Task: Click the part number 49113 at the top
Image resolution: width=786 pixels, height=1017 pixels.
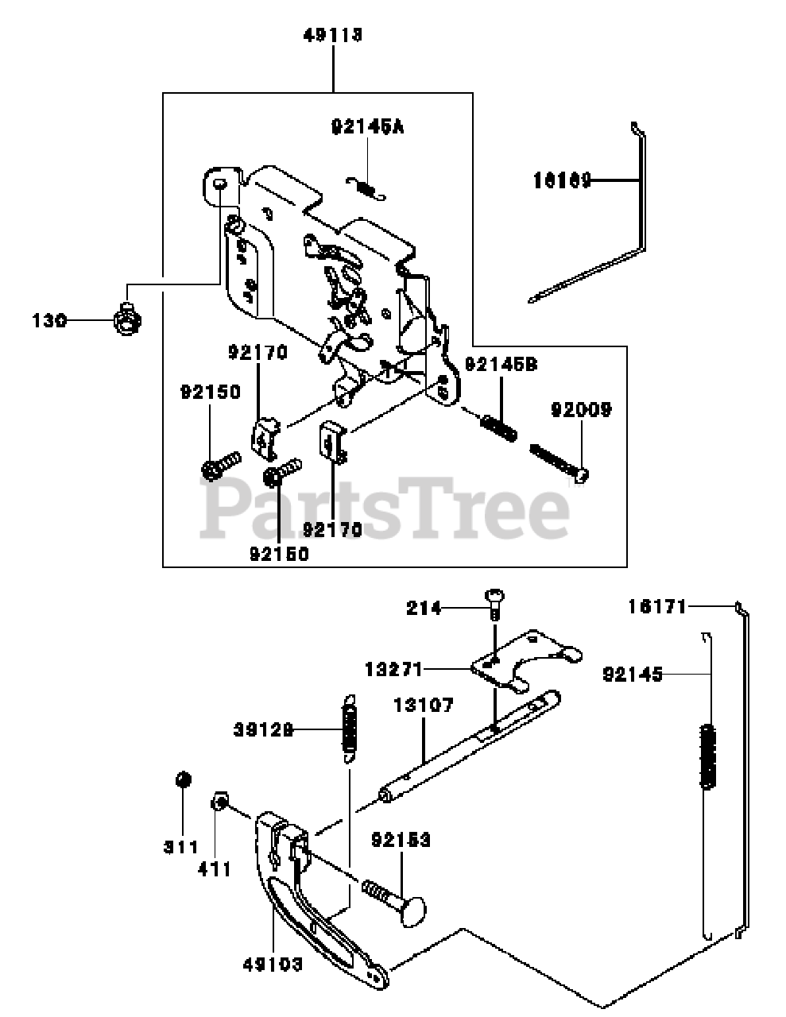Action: click(x=333, y=36)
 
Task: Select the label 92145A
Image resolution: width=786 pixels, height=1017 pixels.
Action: click(x=367, y=126)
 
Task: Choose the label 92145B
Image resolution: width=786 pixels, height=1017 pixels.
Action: click(x=501, y=365)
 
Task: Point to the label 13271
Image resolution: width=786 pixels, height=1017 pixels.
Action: click(x=394, y=668)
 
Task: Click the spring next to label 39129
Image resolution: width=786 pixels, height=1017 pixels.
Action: click(x=348, y=726)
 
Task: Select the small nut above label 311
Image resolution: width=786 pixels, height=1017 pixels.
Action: click(x=182, y=779)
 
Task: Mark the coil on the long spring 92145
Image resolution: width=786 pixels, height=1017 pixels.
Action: click(x=707, y=756)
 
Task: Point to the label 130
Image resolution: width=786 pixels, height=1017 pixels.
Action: click(x=49, y=321)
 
